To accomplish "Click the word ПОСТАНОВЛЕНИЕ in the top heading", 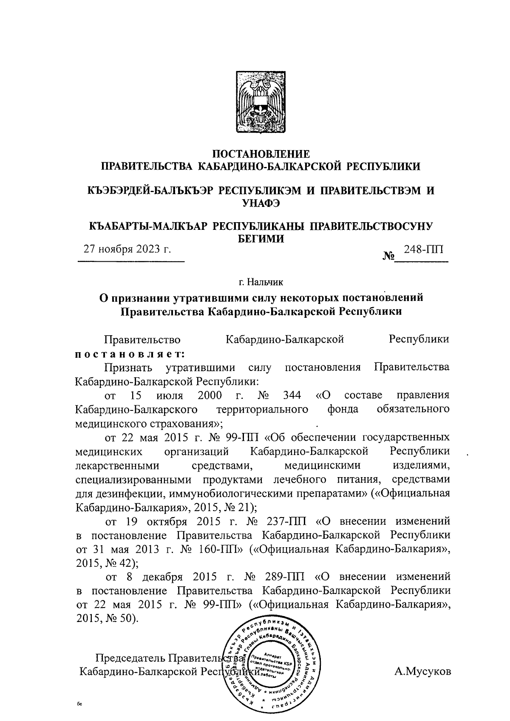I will click(x=261, y=154).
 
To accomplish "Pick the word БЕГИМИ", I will click(x=260, y=239).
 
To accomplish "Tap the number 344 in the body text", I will click(x=292, y=396).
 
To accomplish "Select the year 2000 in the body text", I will click(x=210, y=396).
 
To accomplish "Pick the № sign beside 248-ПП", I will click(x=388, y=256).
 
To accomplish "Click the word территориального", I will click(x=262, y=410).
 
